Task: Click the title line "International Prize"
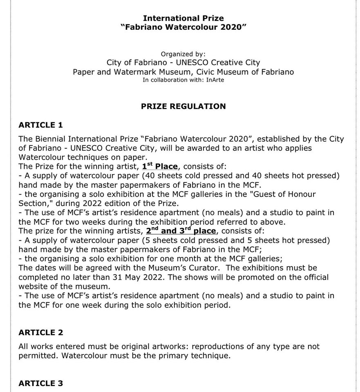[x=183, y=18]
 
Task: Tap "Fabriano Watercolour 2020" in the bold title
[x=183, y=27]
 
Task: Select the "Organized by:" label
[x=183, y=54]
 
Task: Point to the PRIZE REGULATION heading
[x=183, y=106]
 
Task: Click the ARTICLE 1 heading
[x=41, y=125]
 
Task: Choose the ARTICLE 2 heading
[x=41, y=332]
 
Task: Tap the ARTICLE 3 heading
[x=41, y=383]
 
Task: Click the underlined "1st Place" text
[x=160, y=166]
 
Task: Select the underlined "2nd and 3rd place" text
[x=181, y=231]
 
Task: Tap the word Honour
[x=303, y=194]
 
